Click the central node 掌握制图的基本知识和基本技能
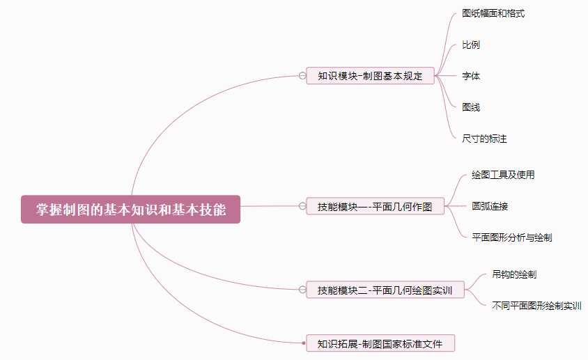130,209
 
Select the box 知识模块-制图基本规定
370,76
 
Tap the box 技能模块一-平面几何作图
375,206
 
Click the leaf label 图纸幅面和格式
493,13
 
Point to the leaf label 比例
471,45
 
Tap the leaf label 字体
471,76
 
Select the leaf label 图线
471,107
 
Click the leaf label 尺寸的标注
484,139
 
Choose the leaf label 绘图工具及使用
503,175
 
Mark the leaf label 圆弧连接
490,206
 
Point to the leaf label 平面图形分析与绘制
512,237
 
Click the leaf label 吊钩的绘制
514,274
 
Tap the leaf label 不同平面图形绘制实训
536,306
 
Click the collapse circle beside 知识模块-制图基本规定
302,76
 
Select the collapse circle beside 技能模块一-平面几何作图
302,206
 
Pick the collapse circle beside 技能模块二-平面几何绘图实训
302,290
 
